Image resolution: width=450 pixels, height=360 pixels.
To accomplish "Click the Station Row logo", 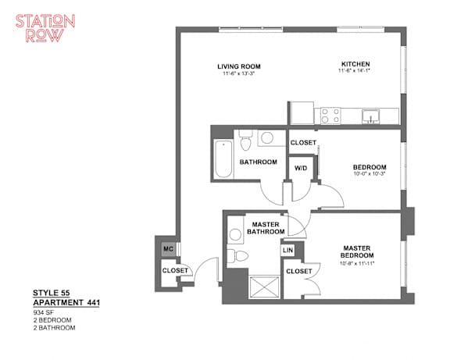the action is pos(45,28).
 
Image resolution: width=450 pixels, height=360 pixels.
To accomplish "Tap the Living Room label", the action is pos(239,66).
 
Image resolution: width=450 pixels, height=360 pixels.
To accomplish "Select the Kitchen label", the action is pos(355,64).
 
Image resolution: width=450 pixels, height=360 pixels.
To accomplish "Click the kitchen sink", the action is pos(370,116).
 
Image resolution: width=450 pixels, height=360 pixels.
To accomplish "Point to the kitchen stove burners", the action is pos(330,116).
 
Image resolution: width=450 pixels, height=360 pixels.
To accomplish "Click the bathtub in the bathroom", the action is pos(223,159).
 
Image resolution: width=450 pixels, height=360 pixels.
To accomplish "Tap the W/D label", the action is pos(301,168).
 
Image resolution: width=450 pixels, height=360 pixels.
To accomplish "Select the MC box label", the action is pos(168,248).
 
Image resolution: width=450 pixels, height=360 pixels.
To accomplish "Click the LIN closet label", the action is pos(287,250).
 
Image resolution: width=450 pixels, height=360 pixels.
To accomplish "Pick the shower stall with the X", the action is pos(264,287).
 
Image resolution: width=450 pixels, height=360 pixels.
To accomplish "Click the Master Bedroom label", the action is pos(357,251).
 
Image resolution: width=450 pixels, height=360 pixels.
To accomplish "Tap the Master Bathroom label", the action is pos(266,228).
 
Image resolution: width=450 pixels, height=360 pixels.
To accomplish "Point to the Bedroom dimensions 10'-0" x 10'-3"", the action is pos(369,173).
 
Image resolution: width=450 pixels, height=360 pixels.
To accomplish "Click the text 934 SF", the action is pos(43,312).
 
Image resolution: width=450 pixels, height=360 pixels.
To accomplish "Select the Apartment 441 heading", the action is pos(66,303).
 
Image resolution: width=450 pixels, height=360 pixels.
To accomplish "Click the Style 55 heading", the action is pos(51,293).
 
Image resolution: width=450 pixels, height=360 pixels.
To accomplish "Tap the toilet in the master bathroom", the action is pos(237,256).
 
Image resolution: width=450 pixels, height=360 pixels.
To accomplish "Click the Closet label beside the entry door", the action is pos(175,270).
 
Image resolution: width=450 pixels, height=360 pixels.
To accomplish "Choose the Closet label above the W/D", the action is pos(303,143).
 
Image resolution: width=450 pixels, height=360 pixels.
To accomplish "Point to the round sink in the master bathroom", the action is pos(235,234).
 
